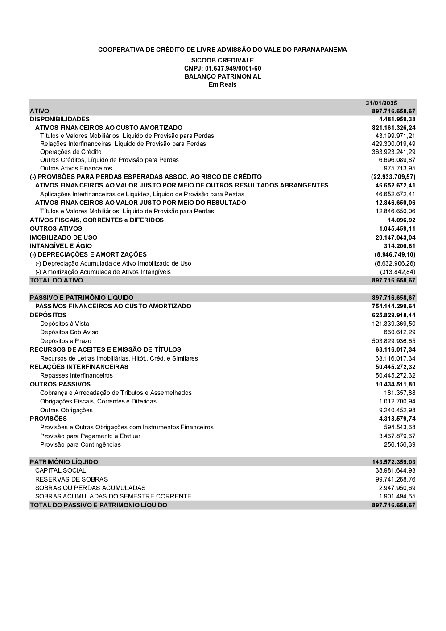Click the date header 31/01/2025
coord(381,103)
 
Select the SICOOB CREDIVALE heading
coord(223,60)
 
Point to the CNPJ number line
coord(223,68)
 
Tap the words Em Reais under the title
coord(223,84)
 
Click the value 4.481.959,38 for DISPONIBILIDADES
coord(397,119)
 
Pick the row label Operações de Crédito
coord(71,152)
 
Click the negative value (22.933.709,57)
coord(393,177)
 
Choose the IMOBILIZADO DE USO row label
coord(63,237)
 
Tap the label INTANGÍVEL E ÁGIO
coord(61,246)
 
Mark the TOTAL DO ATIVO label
coord(56,280)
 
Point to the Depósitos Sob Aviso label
coord(69,332)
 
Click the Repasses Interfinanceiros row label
coord(76,375)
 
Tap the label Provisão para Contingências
coord(80,444)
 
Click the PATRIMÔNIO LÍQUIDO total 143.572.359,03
coord(393,462)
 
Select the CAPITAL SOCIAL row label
coord(61,470)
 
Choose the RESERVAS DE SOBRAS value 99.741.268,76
coord(395,479)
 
